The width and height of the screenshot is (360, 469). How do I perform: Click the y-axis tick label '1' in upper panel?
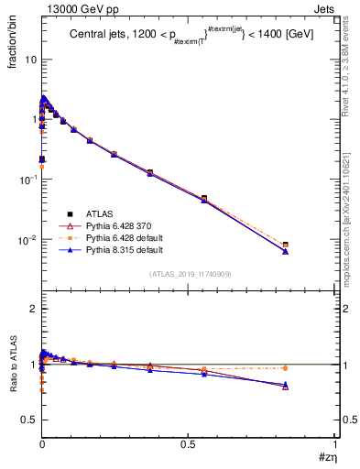(x=33, y=120)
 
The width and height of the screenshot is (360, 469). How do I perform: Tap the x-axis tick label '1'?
(x=334, y=444)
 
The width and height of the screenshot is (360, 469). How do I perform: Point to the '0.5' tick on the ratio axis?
(x=27, y=420)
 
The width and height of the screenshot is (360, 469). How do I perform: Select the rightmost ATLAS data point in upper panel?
(x=286, y=245)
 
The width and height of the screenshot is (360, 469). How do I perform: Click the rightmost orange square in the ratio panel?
(x=286, y=368)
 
